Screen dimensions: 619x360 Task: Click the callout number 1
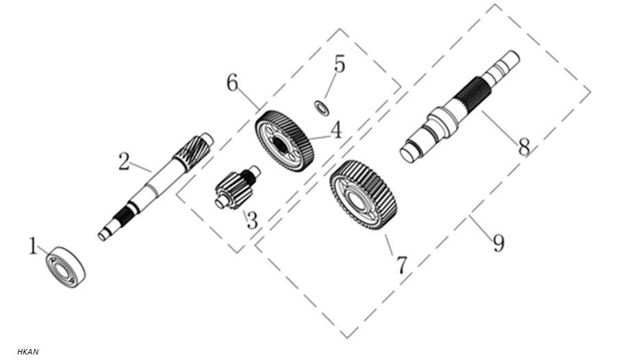click(x=34, y=246)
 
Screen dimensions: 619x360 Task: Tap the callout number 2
click(x=125, y=162)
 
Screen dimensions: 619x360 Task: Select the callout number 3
click(x=252, y=220)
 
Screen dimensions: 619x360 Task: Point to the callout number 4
click(x=336, y=130)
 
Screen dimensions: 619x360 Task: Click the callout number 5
click(x=340, y=64)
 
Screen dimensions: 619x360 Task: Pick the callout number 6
click(x=233, y=83)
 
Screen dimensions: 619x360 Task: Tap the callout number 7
click(x=401, y=266)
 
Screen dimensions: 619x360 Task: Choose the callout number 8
click(x=524, y=148)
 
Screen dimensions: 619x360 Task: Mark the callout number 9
click(x=498, y=242)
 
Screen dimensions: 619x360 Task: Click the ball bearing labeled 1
click(x=66, y=267)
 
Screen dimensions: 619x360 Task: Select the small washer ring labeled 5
click(x=322, y=108)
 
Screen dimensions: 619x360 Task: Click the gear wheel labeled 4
click(x=285, y=141)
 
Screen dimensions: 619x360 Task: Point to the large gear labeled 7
click(x=363, y=195)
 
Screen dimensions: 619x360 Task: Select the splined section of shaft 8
click(x=472, y=94)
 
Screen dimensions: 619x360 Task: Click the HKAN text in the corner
click(x=28, y=352)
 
